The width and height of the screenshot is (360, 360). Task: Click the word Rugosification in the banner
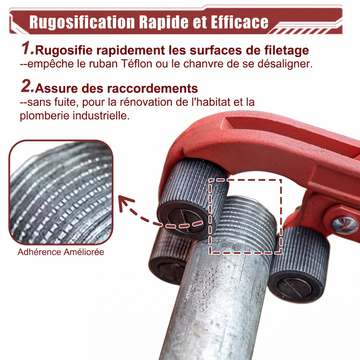(x=82, y=22)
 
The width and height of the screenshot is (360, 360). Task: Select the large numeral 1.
(x=27, y=49)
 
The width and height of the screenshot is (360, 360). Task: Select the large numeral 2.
(x=27, y=86)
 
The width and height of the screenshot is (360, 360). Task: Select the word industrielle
(x=101, y=116)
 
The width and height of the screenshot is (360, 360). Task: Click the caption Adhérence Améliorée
(x=61, y=252)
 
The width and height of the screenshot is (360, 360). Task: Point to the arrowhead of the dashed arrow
(x=125, y=202)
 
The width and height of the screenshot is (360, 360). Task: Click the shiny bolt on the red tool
(x=345, y=225)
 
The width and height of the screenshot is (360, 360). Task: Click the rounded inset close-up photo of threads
(x=61, y=193)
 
